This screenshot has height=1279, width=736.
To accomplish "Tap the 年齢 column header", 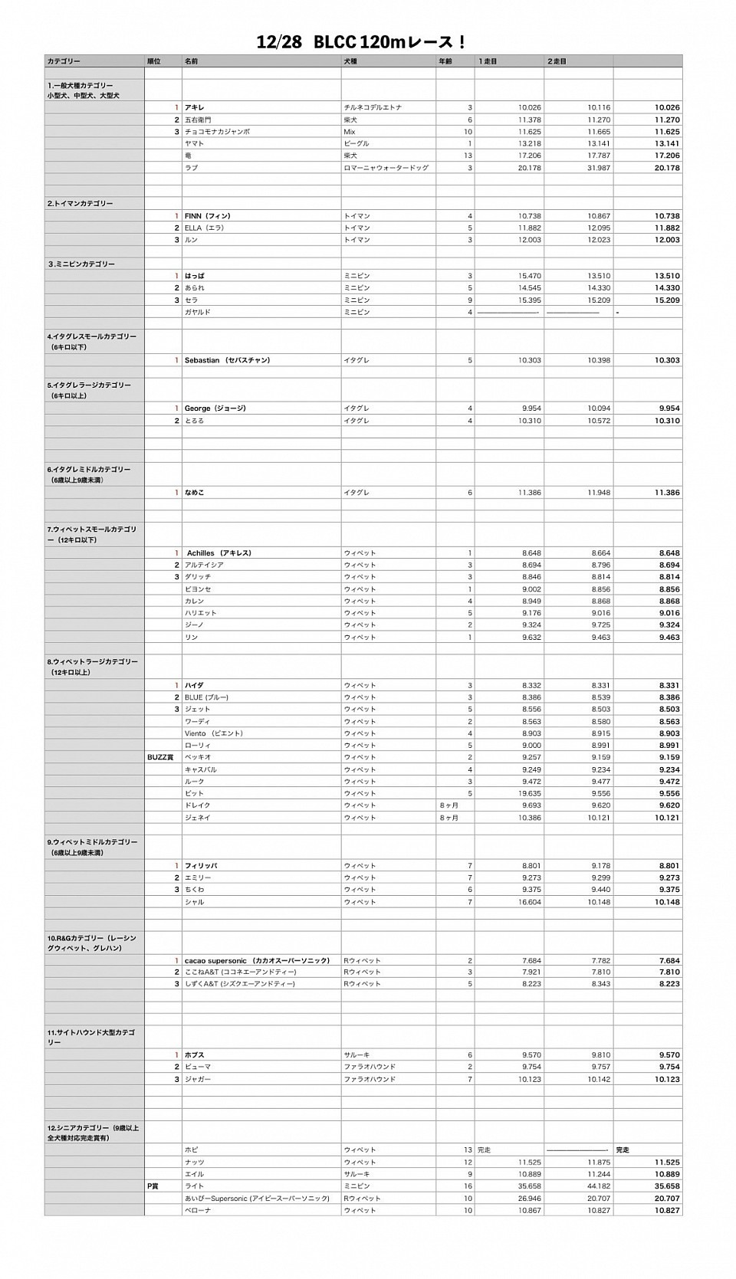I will coord(445,61).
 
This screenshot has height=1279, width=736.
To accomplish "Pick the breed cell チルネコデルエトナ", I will coord(373,108).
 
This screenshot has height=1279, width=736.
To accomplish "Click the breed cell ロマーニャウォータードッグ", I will coord(386,168).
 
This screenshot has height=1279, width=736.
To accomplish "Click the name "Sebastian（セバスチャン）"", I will coord(227,360).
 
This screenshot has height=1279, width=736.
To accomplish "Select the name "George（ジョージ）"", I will coord(215,408).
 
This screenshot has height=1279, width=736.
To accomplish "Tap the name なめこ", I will coord(194,493).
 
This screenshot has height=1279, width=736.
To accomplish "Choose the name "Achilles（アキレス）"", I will coord(219,553).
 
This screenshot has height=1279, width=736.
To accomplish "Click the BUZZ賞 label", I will coord(160,757).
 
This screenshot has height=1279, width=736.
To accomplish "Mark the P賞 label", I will coord(153,1186).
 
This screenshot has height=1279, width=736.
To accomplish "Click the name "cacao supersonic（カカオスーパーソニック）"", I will coord(257,961).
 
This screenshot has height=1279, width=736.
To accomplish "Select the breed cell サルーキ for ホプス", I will coord(356,1055).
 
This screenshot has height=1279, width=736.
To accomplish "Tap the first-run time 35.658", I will coord(529,1186).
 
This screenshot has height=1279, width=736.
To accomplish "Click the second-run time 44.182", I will coord(599,1186).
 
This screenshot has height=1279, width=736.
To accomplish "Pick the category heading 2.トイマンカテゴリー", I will coord(80,204).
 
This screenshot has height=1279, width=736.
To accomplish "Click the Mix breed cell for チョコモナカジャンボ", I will coord(350,132).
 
